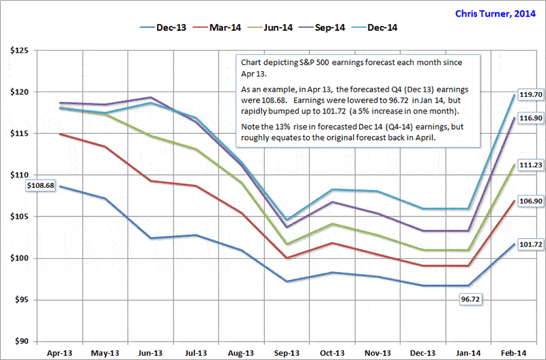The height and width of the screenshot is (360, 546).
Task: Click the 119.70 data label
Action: point(528,95)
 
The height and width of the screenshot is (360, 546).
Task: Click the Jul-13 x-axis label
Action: point(196,353)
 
